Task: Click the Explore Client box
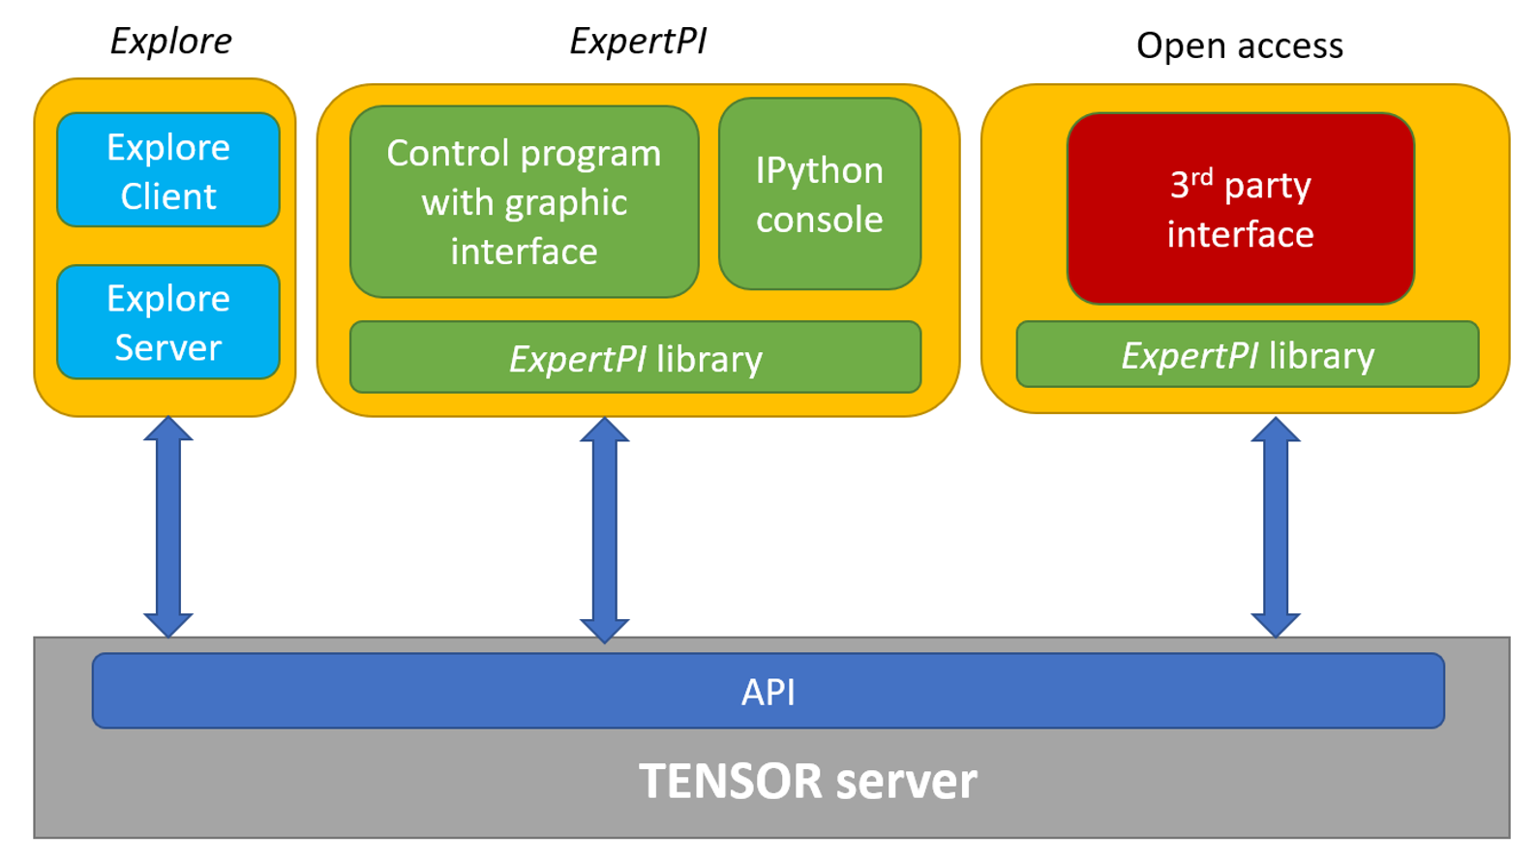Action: pos(168,170)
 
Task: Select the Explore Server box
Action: pos(168,322)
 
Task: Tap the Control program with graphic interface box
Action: pos(524,202)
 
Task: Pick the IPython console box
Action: pos(819,193)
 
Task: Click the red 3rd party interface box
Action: pos(1240,209)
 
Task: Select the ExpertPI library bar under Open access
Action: pos(1247,355)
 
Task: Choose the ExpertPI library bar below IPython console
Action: pos(635,358)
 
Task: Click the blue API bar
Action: pos(768,691)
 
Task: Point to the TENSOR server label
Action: pos(807,781)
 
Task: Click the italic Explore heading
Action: pos(170,42)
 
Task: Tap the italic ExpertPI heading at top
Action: pos(638,42)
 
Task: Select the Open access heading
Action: pos(1239,45)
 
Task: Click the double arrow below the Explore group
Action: pos(168,527)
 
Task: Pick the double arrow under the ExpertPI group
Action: pos(604,530)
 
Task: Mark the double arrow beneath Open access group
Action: pos(1275,527)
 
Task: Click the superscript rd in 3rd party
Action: pos(1201,176)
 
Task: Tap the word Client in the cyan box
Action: pos(168,196)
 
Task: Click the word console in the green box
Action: pos(819,220)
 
